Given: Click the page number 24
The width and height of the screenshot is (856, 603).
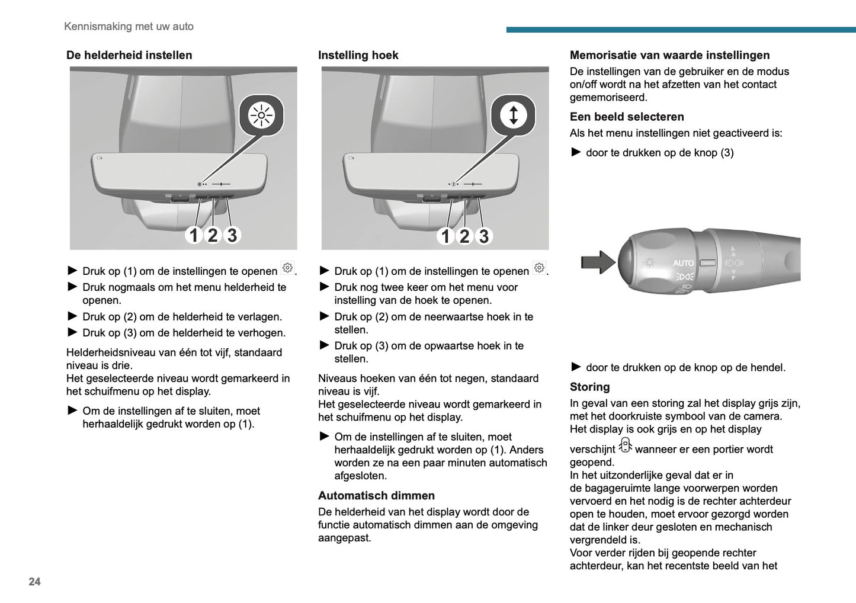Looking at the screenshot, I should tap(34, 582).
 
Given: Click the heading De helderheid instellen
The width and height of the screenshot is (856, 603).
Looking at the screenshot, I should tap(129, 55).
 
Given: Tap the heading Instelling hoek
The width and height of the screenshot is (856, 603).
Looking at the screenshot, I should tap(358, 55).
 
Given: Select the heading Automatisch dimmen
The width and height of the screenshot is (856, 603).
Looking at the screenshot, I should tap(376, 496).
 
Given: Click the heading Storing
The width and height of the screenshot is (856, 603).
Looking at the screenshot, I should tap(589, 387).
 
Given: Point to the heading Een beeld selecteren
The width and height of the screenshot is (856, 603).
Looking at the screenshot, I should tap(627, 117).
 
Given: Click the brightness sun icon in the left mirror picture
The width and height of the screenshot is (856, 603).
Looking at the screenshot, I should tap(261, 115).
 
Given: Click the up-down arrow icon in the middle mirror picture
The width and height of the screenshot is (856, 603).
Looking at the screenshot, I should tap(513, 115).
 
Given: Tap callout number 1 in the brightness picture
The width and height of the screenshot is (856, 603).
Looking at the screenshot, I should tap(193, 235).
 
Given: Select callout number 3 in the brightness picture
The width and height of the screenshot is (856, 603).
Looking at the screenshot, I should tap(232, 235).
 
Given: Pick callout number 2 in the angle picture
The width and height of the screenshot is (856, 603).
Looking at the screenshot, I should tap(464, 236).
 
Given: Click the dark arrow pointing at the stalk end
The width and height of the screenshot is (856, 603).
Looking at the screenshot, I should tap(598, 262).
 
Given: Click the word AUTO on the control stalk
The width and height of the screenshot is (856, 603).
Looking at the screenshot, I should tap(683, 263).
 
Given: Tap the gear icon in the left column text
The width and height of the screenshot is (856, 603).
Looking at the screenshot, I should tap(287, 268).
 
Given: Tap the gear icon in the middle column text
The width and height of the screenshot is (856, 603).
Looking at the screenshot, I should tap(539, 268).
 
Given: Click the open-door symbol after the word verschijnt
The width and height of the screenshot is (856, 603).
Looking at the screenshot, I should tap(625, 445).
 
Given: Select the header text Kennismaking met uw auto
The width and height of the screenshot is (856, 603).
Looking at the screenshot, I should tap(129, 26).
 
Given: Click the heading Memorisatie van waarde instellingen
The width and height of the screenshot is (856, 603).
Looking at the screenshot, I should tap(669, 55).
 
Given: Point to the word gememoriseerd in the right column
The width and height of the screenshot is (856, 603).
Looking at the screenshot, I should tap(608, 98).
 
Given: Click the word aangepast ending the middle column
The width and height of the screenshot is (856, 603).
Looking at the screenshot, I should tap(344, 538).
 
